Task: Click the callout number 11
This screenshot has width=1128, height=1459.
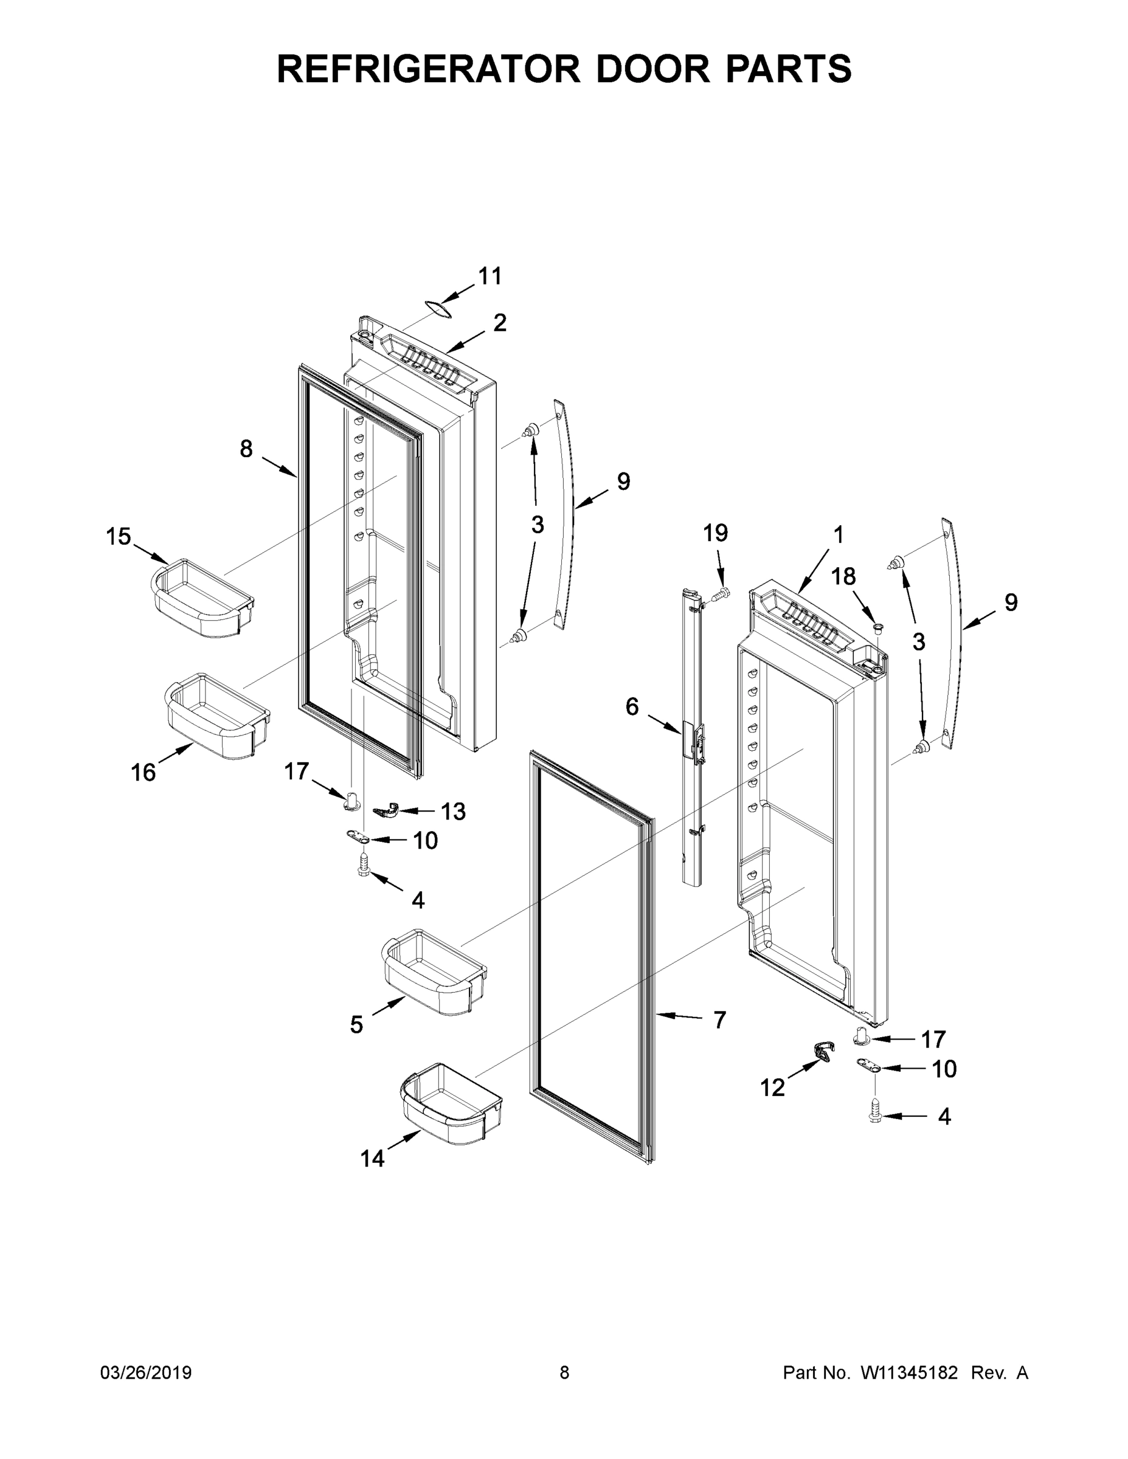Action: pos(490,276)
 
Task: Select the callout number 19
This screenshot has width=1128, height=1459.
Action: pos(715,533)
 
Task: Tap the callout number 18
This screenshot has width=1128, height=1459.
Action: pos(843,576)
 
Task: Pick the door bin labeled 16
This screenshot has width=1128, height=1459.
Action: pos(217,716)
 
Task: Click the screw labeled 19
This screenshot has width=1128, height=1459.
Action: pos(720,593)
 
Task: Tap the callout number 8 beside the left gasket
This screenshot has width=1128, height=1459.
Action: pos(246,449)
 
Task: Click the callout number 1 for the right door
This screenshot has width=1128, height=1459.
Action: pos(838,534)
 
